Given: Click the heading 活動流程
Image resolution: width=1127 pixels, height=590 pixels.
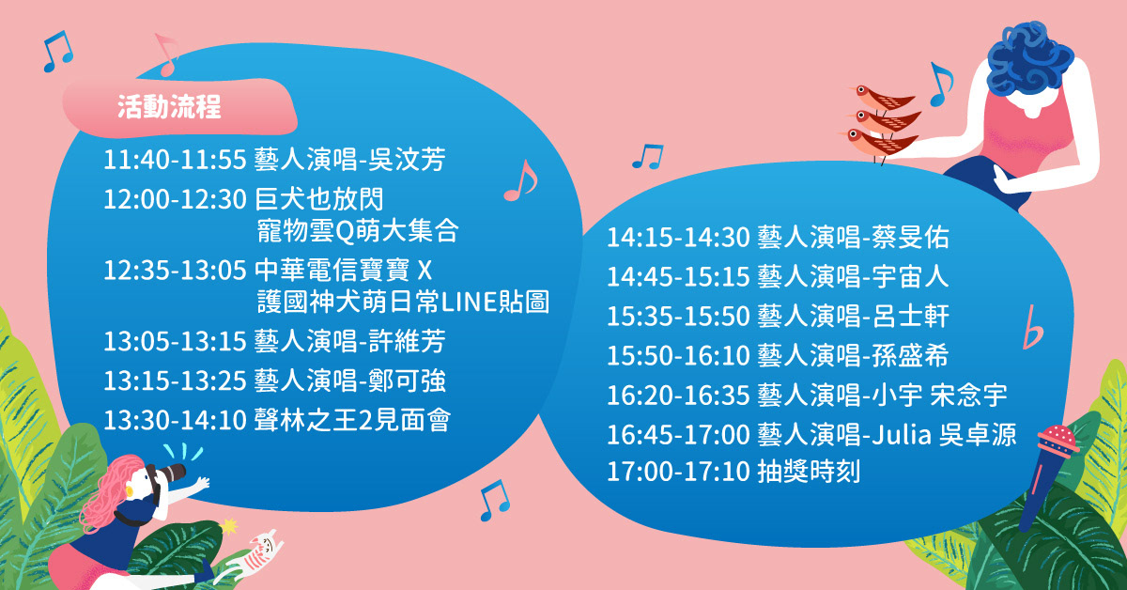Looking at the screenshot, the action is [x=169, y=106].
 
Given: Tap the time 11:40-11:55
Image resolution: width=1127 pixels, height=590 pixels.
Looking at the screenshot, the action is [x=175, y=160].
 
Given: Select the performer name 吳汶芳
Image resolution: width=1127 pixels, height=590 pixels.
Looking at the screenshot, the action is [x=407, y=160].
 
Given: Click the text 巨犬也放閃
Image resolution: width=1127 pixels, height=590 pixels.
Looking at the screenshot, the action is [x=319, y=199].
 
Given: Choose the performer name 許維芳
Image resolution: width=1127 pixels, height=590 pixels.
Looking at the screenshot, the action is [x=407, y=341].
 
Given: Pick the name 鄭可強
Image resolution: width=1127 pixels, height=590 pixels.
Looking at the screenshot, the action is [x=407, y=380].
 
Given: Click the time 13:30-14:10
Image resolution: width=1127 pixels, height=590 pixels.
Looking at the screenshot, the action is [x=175, y=420].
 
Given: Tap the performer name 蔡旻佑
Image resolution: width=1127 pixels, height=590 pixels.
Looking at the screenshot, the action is [x=911, y=237].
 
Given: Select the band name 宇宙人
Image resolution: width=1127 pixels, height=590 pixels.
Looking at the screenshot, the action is [x=911, y=276].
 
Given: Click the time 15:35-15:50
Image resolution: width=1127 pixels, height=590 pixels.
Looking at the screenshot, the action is [x=678, y=317].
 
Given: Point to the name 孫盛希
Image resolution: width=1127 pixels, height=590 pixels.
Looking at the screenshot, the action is [x=911, y=355].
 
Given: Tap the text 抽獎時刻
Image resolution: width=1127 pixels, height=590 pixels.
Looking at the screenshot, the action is [x=809, y=472].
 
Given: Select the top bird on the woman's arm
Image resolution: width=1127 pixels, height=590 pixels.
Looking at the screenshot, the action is [x=883, y=97].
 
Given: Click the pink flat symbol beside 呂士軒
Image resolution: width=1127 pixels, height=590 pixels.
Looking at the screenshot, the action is [x=1032, y=327].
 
